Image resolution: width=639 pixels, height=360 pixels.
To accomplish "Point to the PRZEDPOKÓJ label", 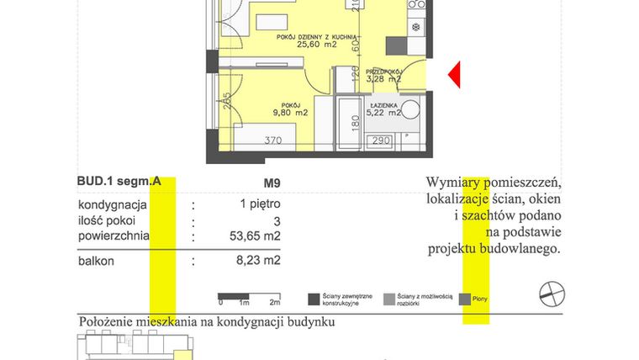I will pos(383,71).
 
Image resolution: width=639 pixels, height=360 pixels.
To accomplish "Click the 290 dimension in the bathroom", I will pos(381,140).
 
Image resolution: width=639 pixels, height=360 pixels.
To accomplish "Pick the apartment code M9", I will pos(272,181).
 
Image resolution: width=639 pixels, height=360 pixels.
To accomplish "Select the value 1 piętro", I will pos(260,204).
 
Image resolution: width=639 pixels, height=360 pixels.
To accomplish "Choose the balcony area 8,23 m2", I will pos(259,262).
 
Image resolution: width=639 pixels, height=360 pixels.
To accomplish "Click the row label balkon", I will pos(96,262).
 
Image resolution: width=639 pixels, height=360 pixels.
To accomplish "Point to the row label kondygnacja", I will pos(113,204).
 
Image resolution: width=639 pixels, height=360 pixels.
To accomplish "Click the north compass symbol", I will pos(552,293).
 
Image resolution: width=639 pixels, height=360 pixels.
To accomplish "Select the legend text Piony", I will pos(480,299).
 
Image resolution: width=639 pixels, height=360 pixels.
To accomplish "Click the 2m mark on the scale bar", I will pos(274,301).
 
